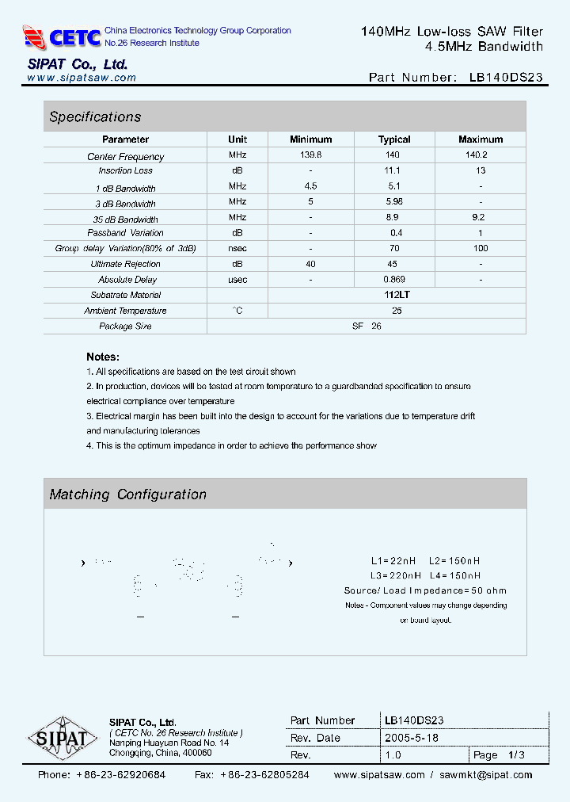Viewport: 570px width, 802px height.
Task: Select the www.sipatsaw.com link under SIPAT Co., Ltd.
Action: tap(82, 78)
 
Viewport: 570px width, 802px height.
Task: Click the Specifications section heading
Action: tap(95, 117)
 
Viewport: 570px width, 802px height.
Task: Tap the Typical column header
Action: tap(393, 139)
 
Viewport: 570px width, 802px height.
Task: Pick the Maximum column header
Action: tap(480, 139)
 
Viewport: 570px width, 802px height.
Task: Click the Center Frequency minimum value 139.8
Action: tap(310, 155)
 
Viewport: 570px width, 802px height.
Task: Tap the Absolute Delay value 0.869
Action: tap(393, 280)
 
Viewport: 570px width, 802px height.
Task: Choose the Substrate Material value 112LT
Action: tap(397, 295)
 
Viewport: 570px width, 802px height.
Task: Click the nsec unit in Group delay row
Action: tap(237, 249)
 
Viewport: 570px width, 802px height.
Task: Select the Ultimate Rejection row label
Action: tap(125, 264)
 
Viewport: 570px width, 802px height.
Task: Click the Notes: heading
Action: tap(103, 357)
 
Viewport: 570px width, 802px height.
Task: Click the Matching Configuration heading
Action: tap(127, 495)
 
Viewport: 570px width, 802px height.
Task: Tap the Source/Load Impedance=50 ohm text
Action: tap(425, 590)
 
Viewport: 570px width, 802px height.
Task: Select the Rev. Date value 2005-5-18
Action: tap(412, 737)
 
